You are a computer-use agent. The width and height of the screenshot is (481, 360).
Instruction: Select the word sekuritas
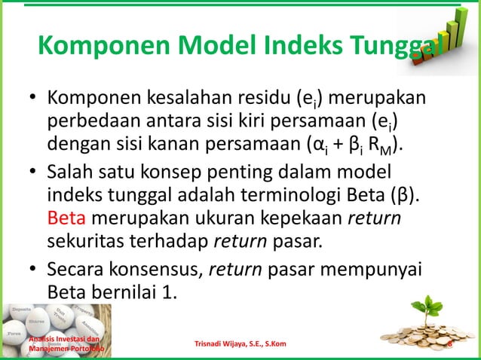88,240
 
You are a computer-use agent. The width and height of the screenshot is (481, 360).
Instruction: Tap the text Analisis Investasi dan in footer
57,340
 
